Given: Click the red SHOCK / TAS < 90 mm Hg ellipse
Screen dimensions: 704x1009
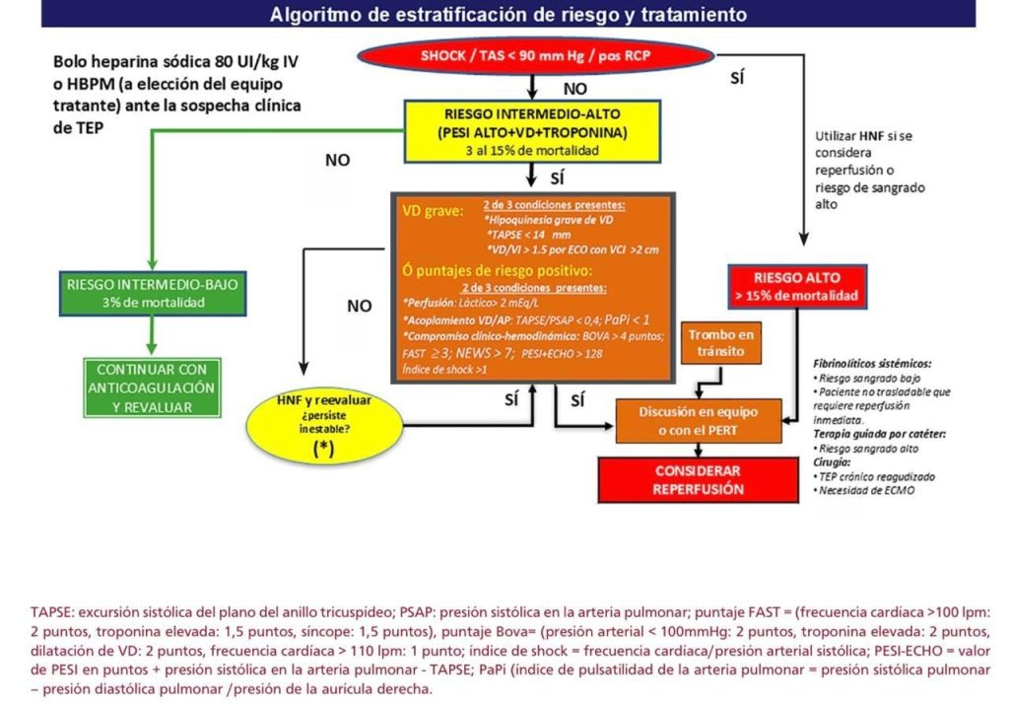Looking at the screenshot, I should (x=535, y=55).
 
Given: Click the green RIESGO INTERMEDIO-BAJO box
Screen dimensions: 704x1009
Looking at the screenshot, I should (x=153, y=293).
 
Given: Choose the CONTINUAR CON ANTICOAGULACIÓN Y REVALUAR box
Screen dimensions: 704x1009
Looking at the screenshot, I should (x=152, y=387).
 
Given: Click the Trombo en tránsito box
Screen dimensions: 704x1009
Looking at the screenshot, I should (x=721, y=344).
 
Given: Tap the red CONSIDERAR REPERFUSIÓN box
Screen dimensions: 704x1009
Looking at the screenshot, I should (x=697, y=480).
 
